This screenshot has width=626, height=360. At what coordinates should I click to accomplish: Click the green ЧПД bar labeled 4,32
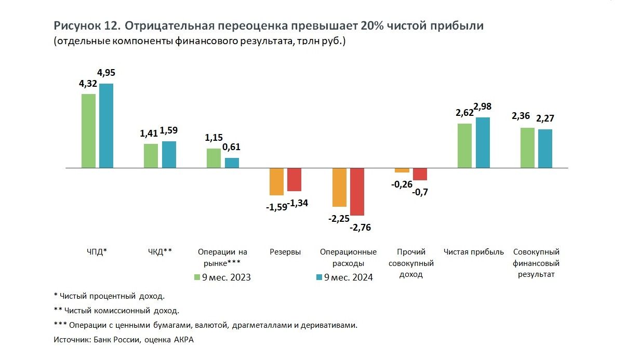point(88,131)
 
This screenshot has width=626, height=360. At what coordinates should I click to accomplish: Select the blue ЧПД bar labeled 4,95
point(106,126)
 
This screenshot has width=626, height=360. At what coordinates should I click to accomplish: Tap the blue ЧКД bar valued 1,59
point(169,155)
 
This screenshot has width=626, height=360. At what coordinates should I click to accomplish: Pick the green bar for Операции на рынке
point(214,158)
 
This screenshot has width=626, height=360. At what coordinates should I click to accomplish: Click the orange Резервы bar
point(276,182)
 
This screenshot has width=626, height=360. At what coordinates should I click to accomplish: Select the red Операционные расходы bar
point(357,192)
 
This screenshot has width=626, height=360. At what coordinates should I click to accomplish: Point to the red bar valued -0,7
point(420,175)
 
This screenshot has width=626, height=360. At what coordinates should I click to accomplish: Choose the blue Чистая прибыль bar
point(483,143)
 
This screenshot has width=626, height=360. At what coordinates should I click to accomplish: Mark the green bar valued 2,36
point(527,148)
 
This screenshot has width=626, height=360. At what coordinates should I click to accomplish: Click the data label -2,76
point(361,227)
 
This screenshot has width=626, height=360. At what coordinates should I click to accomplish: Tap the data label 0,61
point(231,147)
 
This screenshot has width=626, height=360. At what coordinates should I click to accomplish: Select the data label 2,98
point(483,107)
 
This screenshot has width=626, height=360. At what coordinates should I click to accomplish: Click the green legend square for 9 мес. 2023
point(197,277)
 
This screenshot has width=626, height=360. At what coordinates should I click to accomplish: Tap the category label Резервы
point(285,252)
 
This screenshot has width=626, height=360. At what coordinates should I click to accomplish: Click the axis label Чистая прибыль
point(474,252)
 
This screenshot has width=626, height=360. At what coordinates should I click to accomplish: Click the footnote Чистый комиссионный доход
point(122,311)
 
